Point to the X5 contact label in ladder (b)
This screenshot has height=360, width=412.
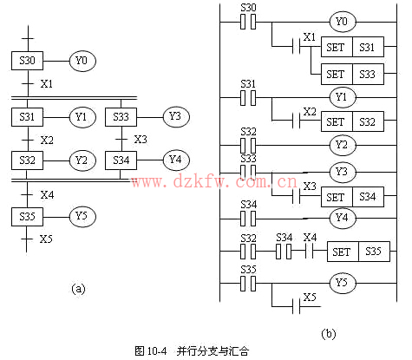coord(310,297)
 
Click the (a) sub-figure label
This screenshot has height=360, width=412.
coord(78,289)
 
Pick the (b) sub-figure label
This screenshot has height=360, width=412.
coord(329,334)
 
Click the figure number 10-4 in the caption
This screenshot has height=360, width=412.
coord(157,351)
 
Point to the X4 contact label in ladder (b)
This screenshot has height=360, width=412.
coord(310,238)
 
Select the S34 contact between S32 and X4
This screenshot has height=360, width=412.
coord(284,251)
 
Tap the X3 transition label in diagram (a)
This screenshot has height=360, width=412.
coord(141,140)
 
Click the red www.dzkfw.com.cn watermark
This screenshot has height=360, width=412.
coord(214,181)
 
